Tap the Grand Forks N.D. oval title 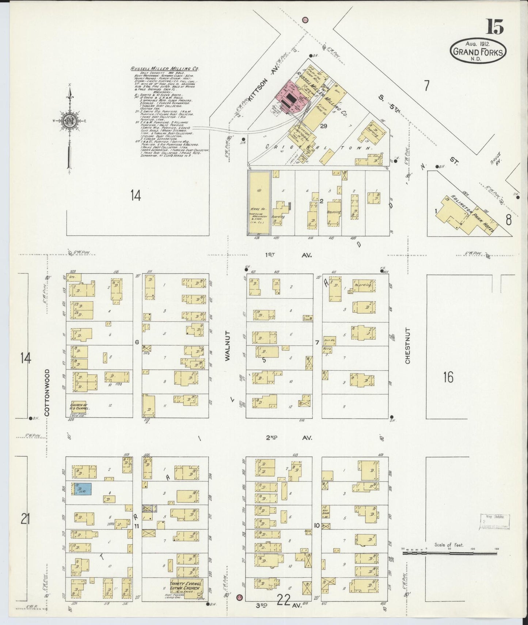(478, 52)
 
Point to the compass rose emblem (69, 121)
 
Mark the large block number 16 (448, 377)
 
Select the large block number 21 (25, 519)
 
